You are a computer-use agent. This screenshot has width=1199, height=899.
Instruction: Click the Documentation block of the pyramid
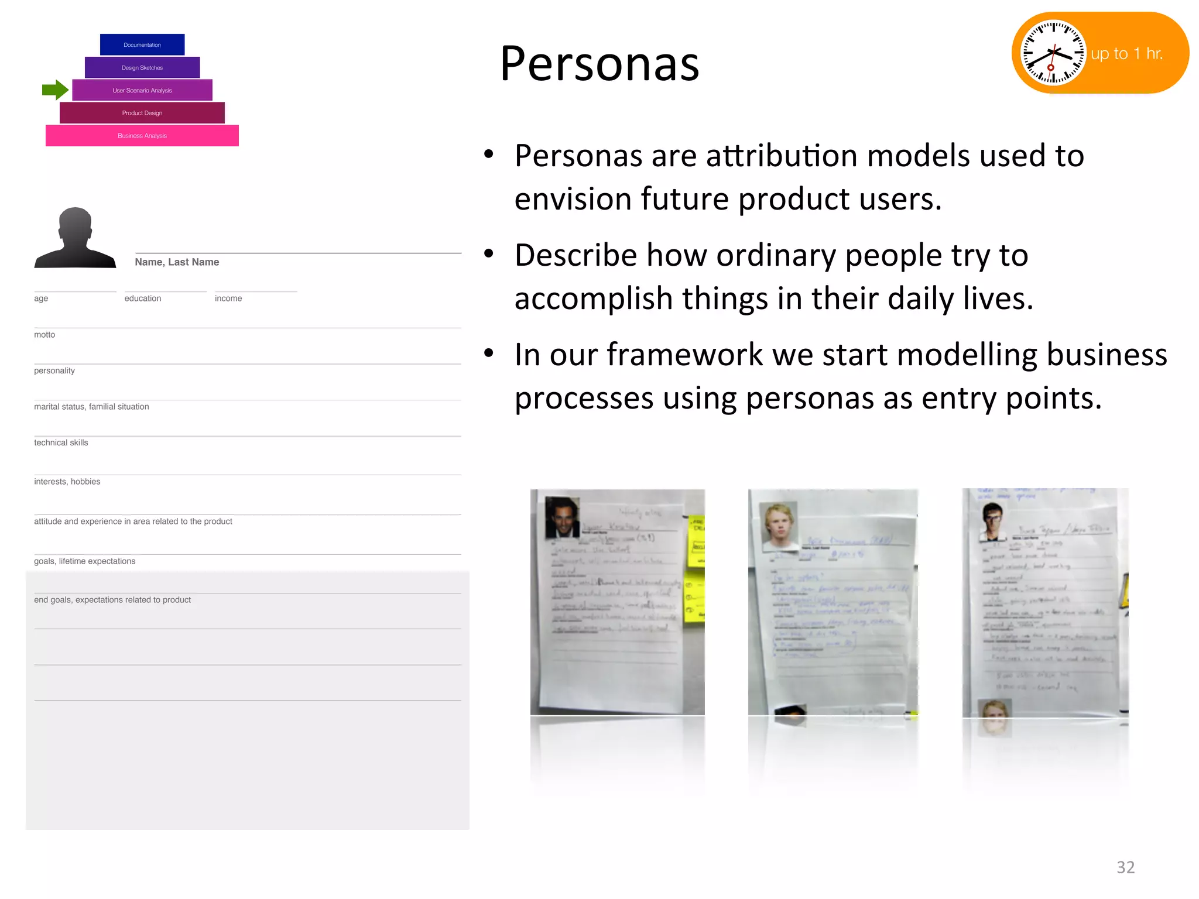(142, 45)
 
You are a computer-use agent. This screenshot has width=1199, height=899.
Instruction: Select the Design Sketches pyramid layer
(142, 68)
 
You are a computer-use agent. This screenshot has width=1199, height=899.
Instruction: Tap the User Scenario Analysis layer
(142, 91)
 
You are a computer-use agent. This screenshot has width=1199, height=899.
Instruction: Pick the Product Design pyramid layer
(142, 113)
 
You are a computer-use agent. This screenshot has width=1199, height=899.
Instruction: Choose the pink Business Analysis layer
(142, 136)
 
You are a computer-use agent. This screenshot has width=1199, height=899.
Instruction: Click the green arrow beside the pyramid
(55, 90)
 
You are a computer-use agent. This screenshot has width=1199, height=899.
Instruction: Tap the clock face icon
(1052, 53)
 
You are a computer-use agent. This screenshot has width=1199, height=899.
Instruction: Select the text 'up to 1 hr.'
(1126, 54)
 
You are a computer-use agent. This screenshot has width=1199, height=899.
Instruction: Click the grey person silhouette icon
(75, 239)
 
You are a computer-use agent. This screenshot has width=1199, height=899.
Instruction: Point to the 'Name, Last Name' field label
(177, 262)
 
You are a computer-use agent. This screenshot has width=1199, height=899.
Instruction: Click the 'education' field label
(143, 298)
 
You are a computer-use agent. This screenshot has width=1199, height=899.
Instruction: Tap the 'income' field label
(228, 298)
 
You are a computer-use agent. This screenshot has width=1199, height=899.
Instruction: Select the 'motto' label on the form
(44, 335)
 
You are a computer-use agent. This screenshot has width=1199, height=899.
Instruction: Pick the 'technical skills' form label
(61, 443)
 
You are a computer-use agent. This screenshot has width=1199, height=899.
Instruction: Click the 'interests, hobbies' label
(67, 482)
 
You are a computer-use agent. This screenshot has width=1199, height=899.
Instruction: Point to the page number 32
(1125, 867)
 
